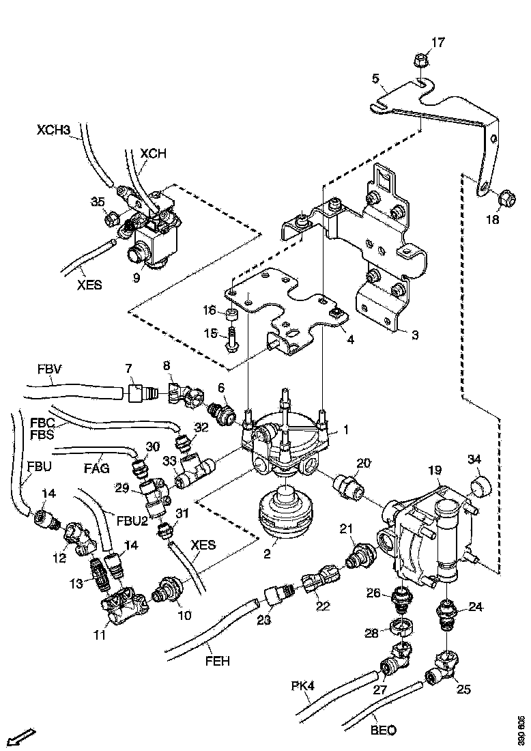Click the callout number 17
[x=437, y=42]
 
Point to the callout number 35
[x=99, y=201]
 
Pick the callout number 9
[x=137, y=279]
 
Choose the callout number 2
[x=268, y=554]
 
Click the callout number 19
[x=434, y=471]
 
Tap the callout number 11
[x=100, y=636]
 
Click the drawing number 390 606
[x=521, y=731]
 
